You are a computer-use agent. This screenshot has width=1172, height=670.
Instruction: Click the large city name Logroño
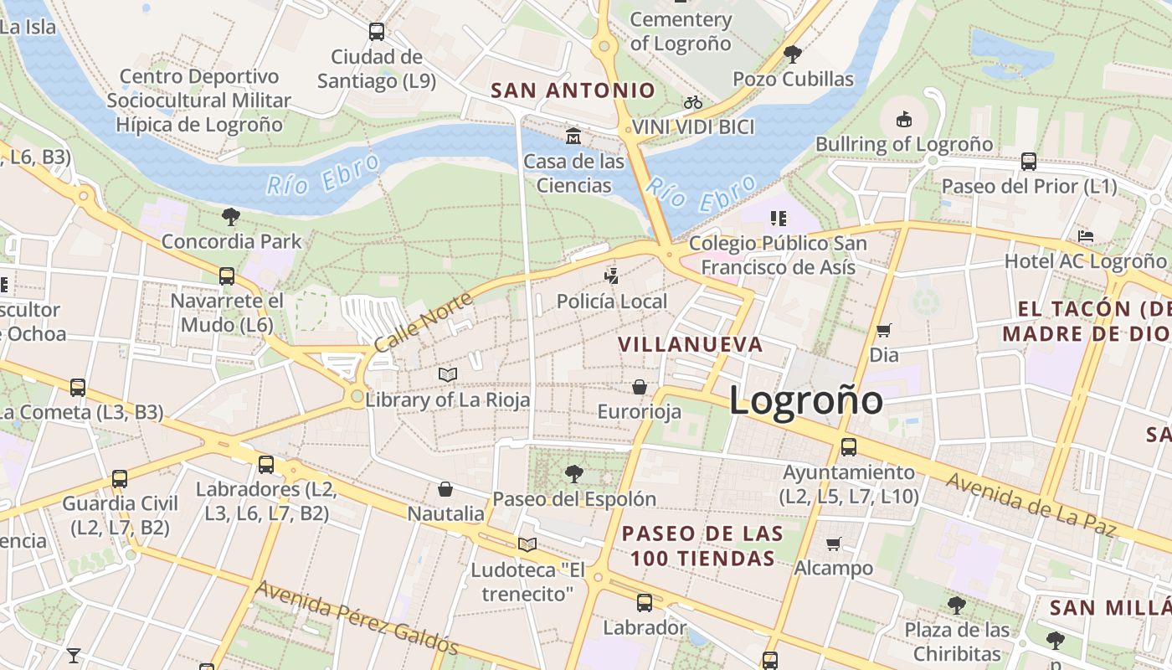tap(805, 400)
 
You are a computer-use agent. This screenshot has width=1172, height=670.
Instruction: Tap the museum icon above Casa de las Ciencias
tap(573, 136)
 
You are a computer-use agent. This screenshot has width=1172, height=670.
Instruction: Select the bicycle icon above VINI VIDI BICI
tap(693, 102)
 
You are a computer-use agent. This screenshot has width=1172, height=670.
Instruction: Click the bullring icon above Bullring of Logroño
tap(904, 120)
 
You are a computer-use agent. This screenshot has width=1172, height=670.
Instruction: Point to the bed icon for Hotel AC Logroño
tap(1086, 236)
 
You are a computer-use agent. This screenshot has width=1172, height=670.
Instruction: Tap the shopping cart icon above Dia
tap(883, 330)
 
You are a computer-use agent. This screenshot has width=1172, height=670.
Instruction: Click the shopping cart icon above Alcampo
tap(833, 544)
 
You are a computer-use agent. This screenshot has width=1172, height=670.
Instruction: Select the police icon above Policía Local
tap(613, 276)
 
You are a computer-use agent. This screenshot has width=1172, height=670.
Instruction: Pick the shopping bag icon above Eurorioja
tap(640, 387)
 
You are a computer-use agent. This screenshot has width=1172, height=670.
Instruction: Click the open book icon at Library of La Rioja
tap(448, 374)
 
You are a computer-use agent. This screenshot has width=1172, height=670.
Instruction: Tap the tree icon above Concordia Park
tap(231, 217)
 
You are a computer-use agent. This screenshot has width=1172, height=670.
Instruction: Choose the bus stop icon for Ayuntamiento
tap(849, 447)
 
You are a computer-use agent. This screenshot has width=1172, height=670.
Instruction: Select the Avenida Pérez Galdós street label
tap(357, 617)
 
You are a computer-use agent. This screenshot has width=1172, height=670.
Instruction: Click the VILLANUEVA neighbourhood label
tap(691, 344)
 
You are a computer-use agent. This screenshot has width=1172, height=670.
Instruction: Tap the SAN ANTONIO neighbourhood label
tap(573, 90)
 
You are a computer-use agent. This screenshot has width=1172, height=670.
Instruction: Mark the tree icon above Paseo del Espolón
tap(573, 474)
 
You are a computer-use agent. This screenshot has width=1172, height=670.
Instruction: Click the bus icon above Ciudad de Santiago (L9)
tap(377, 32)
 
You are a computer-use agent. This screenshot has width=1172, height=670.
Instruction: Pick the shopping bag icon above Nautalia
tap(445, 488)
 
